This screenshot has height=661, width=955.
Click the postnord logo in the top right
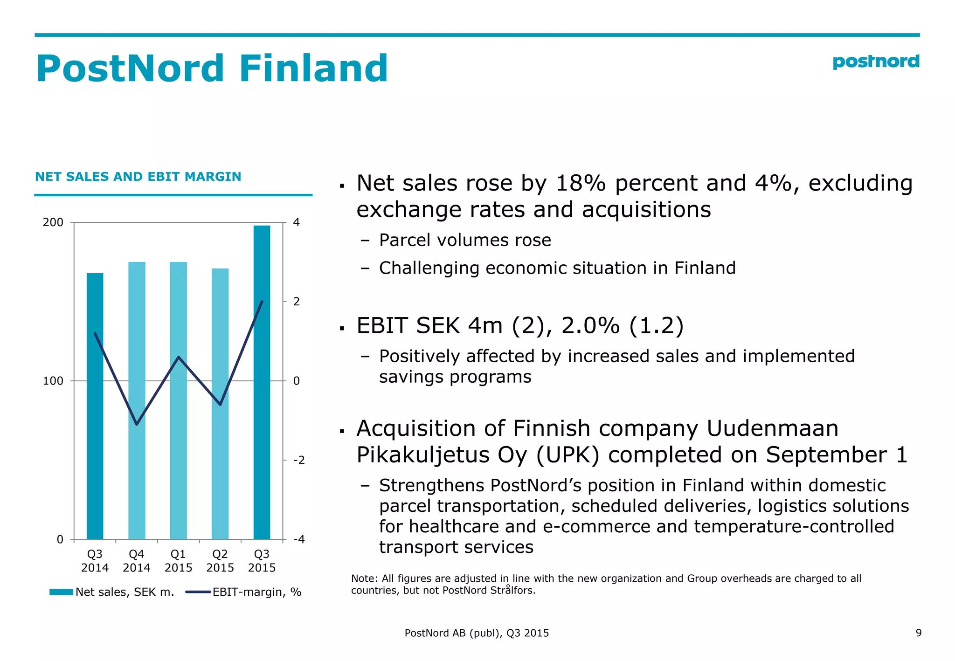875,62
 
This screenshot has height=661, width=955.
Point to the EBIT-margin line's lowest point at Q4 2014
137,424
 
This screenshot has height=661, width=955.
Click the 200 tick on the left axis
53,222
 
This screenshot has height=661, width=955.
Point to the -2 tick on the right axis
298,460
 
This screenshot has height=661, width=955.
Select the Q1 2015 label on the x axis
178,561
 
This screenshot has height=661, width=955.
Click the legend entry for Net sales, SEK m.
112,592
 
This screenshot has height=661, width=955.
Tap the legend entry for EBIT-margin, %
244,592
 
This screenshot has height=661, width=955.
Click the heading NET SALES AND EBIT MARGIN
138,177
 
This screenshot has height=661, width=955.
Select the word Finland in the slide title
313,69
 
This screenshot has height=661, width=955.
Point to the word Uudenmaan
772,428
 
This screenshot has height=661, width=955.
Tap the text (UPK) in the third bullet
567,455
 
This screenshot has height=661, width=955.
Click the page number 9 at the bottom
918,633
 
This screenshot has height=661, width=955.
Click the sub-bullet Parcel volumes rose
464,240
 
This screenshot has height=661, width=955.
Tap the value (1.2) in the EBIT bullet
656,325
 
